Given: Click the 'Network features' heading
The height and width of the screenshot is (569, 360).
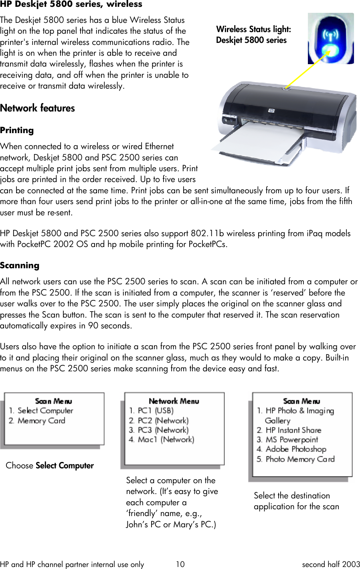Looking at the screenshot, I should [x=37, y=108].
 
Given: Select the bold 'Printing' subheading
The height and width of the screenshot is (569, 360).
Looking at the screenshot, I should [x=17, y=130].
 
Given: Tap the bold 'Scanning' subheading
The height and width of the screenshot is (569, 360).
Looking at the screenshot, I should [x=20, y=265].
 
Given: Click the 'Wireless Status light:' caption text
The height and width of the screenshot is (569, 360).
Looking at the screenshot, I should [x=253, y=29].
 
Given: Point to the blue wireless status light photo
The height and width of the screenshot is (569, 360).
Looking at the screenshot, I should [x=330, y=38].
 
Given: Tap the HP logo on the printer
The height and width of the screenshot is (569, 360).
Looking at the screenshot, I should [x=271, y=111].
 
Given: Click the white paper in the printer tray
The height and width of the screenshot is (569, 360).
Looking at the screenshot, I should [x=253, y=138].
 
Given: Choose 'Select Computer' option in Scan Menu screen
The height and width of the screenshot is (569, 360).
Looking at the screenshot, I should [x=45, y=411].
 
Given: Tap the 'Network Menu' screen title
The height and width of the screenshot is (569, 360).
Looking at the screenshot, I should [x=174, y=401].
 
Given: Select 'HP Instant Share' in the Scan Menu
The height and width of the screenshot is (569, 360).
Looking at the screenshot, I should [x=293, y=430].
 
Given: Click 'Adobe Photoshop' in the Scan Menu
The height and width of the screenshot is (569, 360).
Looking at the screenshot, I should [x=296, y=449].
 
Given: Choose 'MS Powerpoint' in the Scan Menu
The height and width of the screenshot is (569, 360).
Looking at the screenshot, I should [x=291, y=439].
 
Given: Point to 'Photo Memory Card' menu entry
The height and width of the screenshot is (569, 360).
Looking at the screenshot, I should [x=299, y=459].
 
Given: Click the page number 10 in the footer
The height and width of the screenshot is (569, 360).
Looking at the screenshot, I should [x=180, y=564].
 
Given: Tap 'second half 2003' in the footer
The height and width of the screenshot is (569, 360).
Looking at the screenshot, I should [x=331, y=564].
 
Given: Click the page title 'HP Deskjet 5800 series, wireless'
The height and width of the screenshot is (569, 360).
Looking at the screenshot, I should [x=71, y=4].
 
